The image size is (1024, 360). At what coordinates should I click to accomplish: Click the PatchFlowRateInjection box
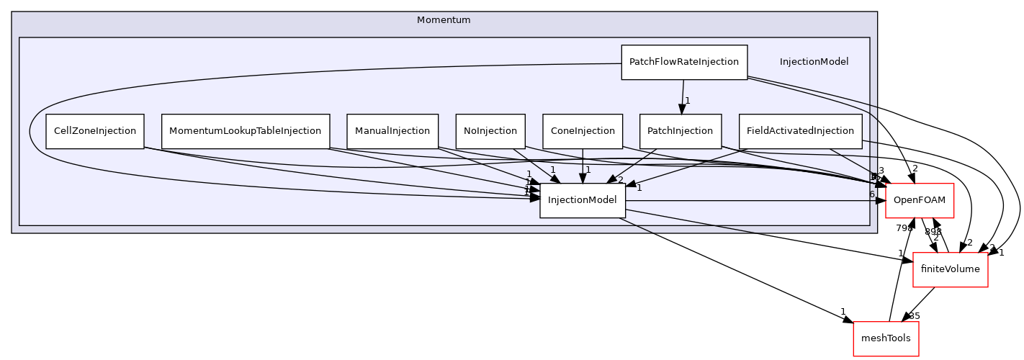683,62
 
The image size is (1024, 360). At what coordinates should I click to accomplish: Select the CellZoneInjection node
94,131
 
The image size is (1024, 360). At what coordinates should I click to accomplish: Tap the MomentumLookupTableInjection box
245,131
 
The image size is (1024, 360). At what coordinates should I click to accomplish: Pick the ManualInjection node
392,131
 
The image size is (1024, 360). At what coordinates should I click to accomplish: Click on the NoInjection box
490,131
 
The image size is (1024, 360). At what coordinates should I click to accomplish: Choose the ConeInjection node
582,131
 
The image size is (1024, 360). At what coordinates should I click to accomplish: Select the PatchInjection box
680,131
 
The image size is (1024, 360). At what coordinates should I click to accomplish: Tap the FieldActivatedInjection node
799,131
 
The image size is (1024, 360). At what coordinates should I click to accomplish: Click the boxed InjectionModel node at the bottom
582,200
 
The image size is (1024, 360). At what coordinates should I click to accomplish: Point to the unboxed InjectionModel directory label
814,62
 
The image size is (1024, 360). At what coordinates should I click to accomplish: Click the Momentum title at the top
444,20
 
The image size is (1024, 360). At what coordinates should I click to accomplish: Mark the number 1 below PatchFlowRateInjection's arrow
688,101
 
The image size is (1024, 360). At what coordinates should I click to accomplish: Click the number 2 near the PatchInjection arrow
620,180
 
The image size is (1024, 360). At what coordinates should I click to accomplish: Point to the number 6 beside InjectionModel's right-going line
871,194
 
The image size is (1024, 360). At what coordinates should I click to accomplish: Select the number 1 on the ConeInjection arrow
588,170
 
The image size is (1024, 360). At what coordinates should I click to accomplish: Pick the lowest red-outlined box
886,338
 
